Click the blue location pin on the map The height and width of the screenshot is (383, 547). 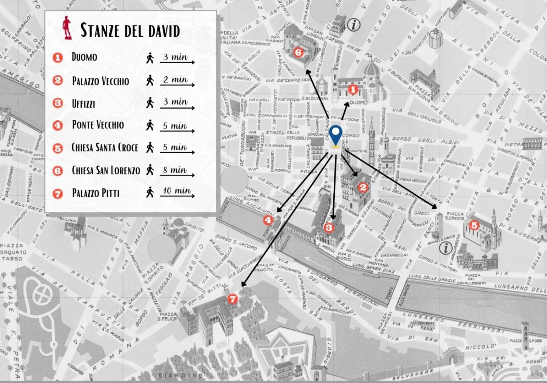(336, 134)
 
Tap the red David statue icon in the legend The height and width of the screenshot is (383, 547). (67, 28)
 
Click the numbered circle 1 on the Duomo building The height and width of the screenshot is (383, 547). (353, 90)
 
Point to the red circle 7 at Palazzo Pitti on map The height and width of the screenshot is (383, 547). (232, 299)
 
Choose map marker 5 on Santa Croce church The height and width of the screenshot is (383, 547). (474, 225)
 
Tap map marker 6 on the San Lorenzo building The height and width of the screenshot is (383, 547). (298, 52)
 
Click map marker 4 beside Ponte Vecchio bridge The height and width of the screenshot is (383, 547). (268, 220)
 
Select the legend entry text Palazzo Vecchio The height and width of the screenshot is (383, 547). (101, 81)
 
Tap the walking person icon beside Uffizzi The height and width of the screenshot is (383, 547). (150, 103)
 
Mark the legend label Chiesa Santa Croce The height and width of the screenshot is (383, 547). (105, 147)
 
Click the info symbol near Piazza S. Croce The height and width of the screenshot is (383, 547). (445, 248)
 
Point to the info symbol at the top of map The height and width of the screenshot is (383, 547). (353, 25)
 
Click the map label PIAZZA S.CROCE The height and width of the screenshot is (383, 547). (455, 216)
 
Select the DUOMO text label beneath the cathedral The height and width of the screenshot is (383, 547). (359, 102)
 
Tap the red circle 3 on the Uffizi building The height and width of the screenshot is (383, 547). (329, 227)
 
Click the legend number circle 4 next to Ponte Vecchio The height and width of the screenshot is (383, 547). (58, 125)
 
